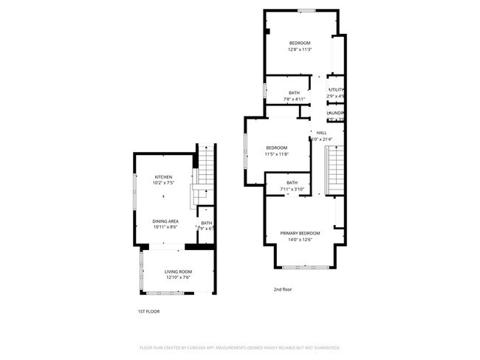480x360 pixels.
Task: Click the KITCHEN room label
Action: pos(163,177)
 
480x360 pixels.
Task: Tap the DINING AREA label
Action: pos(165,221)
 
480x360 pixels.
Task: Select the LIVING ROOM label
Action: pos(177,271)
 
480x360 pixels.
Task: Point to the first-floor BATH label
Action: pos(206,223)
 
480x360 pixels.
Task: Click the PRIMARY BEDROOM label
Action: pos(300,233)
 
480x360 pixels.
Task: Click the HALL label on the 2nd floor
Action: pos(321,133)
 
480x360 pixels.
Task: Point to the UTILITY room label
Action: pos(336,90)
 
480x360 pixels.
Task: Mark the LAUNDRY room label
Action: pos(337,113)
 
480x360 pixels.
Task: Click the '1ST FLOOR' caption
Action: pos(148,311)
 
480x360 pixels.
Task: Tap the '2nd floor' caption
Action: pos(283,289)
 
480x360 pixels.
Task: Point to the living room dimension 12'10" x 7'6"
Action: pos(177,278)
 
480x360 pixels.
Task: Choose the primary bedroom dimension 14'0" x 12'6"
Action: pos(300,240)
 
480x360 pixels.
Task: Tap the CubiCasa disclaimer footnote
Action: pos(239,347)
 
